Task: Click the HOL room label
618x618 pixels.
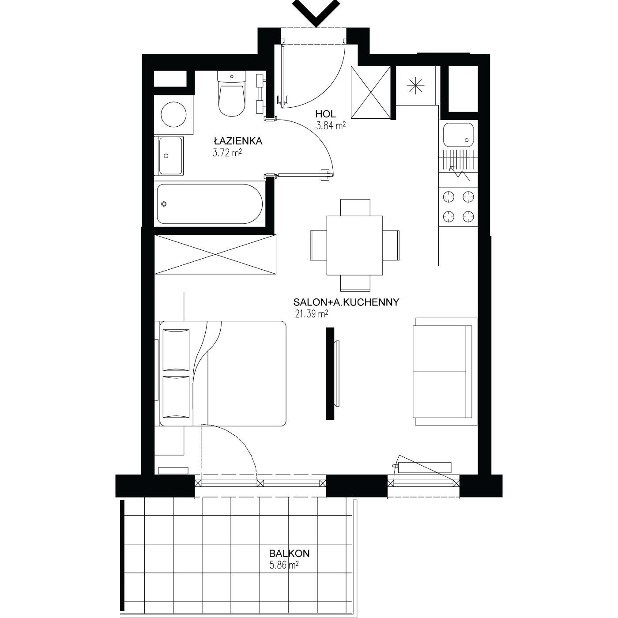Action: click(x=325, y=114)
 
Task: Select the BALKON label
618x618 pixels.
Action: click(x=289, y=554)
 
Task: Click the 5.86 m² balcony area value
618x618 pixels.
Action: click(x=284, y=565)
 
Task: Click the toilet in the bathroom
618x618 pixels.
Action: click(x=232, y=93)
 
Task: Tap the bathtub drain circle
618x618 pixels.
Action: click(x=164, y=203)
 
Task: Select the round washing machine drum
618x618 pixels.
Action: click(x=173, y=114)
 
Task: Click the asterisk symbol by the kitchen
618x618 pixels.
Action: click(x=415, y=86)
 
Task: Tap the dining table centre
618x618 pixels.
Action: click(x=354, y=245)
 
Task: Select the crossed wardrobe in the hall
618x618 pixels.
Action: click(x=371, y=92)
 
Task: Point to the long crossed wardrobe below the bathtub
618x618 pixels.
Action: click(x=215, y=254)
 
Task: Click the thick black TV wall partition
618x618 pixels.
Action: click(x=330, y=373)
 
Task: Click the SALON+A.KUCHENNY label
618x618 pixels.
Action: click(x=346, y=302)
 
